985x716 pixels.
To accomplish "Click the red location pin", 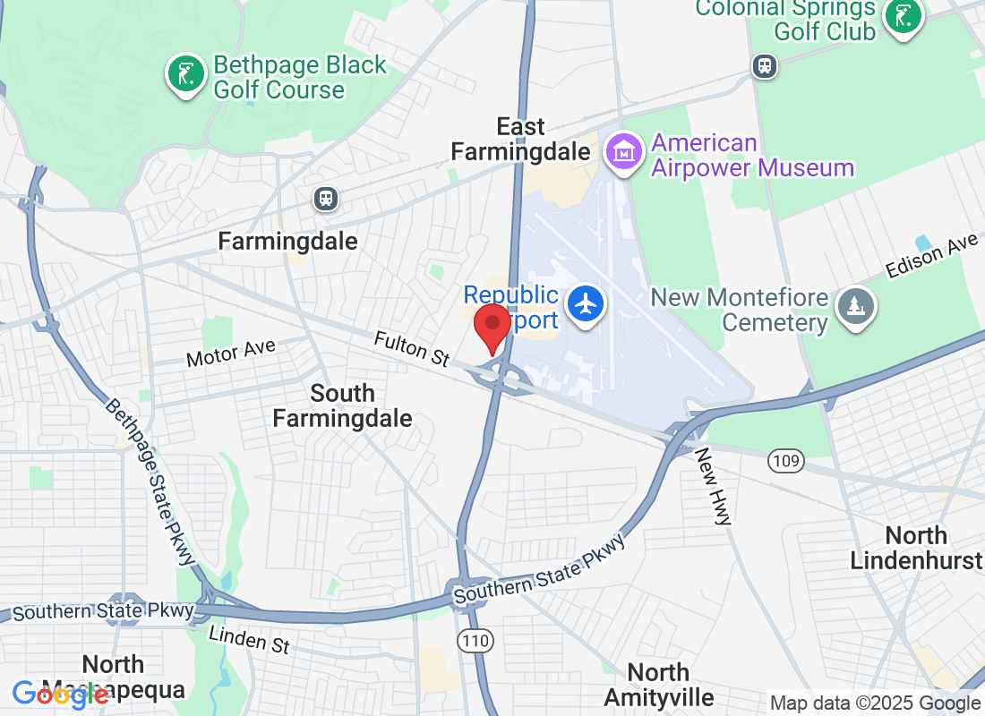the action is (x=492, y=327).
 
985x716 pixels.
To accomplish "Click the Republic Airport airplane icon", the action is (x=587, y=304).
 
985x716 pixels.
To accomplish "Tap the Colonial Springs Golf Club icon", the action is (x=904, y=16).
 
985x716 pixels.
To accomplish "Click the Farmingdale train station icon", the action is (x=327, y=199).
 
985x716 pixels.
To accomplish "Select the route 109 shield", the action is (x=785, y=462).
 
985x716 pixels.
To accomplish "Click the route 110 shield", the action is (x=475, y=640).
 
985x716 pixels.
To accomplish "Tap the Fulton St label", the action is (x=411, y=348).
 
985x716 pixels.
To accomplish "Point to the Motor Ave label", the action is (x=231, y=354).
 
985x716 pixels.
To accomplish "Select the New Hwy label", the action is (x=715, y=486).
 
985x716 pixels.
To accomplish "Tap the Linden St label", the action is (x=249, y=640).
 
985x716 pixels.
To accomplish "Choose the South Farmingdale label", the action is (x=342, y=405).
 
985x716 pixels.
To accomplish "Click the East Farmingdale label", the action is (x=520, y=139).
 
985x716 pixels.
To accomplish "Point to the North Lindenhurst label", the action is (x=916, y=548).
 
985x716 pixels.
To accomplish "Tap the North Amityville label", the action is (x=659, y=685).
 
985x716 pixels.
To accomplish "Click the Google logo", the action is (x=60, y=694).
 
